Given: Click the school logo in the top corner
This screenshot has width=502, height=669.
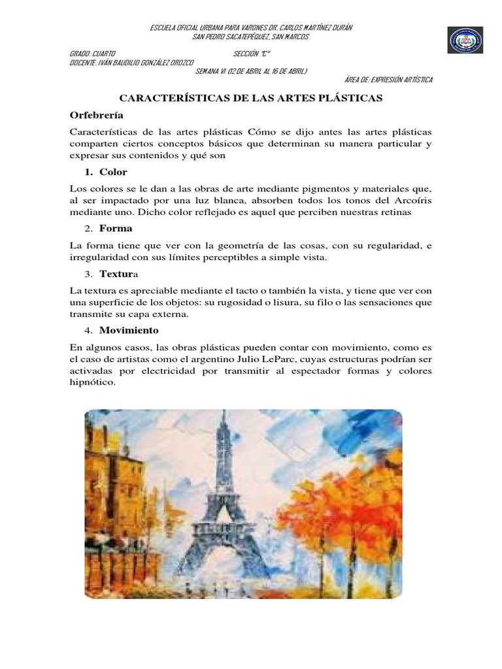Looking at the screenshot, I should click(465, 40).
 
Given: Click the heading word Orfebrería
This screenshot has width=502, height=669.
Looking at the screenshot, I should click(96, 114).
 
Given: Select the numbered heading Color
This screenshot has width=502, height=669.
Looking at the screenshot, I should click(113, 172).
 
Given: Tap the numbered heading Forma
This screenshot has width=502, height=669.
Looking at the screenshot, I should click(116, 228).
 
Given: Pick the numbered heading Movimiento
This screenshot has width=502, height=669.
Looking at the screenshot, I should click(129, 330).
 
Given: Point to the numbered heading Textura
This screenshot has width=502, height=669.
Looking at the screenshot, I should click(118, 274).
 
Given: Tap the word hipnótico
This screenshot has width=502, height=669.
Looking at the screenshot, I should click(92, 382).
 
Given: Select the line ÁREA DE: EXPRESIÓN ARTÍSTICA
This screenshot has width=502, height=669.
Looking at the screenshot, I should click(388, 80).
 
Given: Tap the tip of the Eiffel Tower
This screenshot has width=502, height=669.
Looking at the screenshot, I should click(223, 414).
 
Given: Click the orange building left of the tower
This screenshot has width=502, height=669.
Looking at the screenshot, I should click(118, 483).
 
